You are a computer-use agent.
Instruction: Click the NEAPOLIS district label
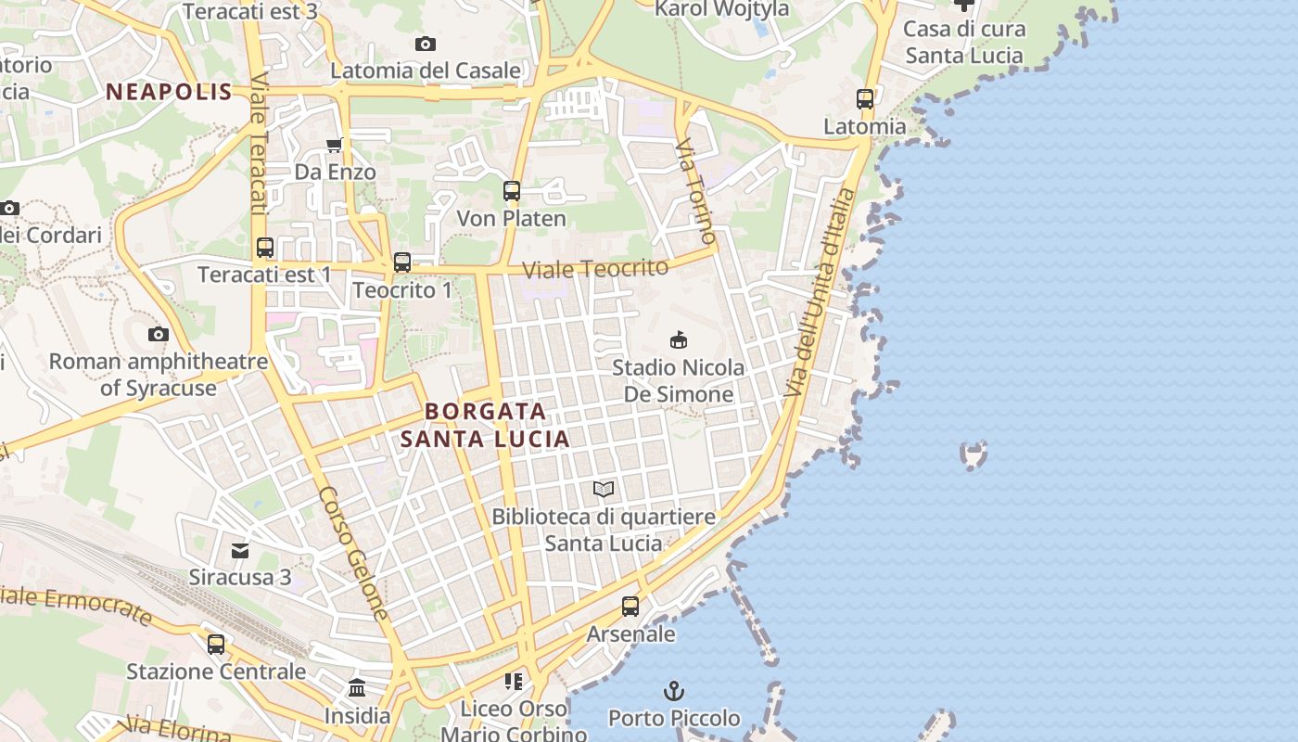pyautogui.click(x=169, y=92)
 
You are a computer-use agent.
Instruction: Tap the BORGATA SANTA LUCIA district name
pyautogui.click(x=485, y=425)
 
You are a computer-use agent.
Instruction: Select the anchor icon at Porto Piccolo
pyautogui.click(x=674, y=691)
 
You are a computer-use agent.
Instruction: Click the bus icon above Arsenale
pyautogui.click(x=630, y=607)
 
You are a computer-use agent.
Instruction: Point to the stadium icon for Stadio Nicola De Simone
pyautogui.click(x=679, y=340)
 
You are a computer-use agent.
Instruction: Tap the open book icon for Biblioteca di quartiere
pyautogui.click(x=604, y=489)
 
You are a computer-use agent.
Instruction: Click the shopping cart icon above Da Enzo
pyautogui.click(x=335, y=145)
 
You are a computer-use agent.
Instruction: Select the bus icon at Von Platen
pyautogui.click(x=511, y=191)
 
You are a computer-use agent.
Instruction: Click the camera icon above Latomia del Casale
pyautogui.click(x=426, y=44)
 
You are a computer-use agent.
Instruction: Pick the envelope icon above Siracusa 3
pyautogui.click(x=240, y=551)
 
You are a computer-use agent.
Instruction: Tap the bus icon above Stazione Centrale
pyautogui.click(x=216, y=644)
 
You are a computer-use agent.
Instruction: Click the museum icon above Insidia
pyautogui.click(x=357, y=688)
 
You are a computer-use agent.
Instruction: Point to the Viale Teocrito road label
pyautogui.click(x=595, y=269)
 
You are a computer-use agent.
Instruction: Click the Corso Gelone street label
pyautogui.click(x=353, y=553)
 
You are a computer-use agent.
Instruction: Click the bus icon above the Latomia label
pyautogui.click(x=865, y=98)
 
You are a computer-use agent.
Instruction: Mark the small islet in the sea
pyautogui.click(x=973, y=454)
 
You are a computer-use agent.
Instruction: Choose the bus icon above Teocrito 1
pyautogui.click(x=401, y=262)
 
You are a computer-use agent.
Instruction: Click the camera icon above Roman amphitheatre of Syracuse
pyautogui.click(x=159, y=334)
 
